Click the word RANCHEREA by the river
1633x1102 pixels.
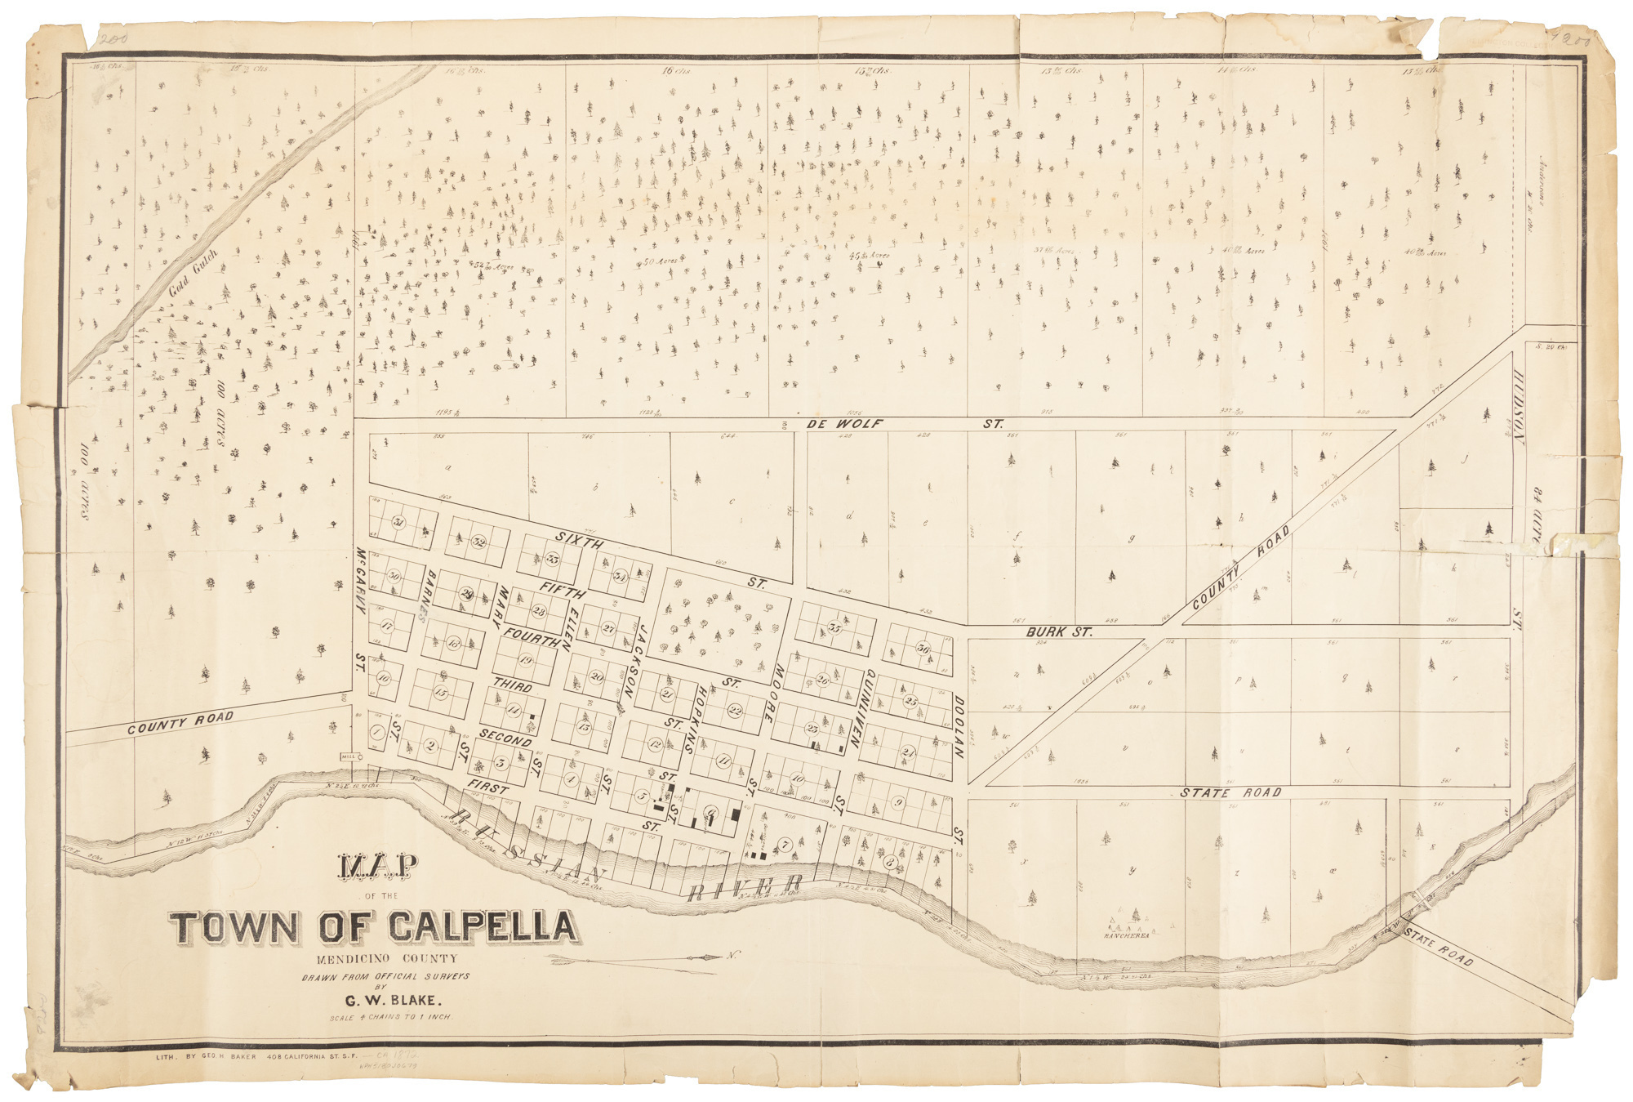[x=1126, y=936]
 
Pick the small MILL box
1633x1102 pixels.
[x=349, y=756]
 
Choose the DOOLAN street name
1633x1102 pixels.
[x=959, y=728]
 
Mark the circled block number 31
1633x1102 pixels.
[x=398, y=523]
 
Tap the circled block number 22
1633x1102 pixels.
[x=735, y=711]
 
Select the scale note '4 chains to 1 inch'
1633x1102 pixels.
[x=389, y=1018]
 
